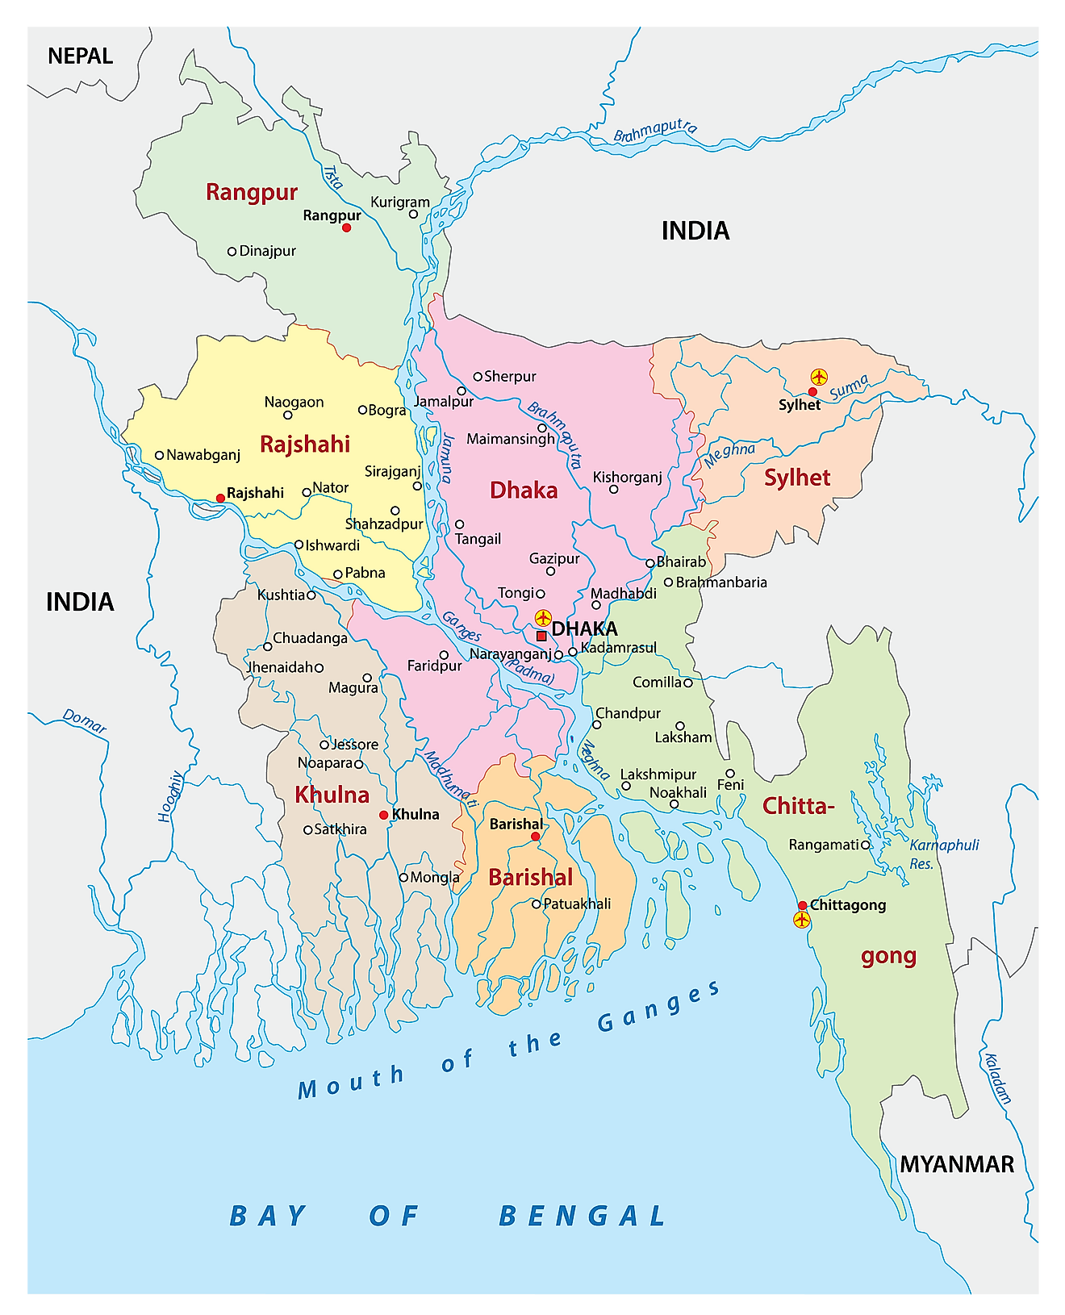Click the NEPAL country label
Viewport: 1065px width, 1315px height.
point(80,56)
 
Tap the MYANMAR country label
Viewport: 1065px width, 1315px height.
point(957,1164)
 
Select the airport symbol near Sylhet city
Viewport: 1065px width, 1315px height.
point(819,377)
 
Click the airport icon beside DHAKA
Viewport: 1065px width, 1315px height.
point(543,618)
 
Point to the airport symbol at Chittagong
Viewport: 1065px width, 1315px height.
point(801,920)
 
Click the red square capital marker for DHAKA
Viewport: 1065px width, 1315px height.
point(541,636)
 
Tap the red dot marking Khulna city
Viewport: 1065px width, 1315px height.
point(383,815)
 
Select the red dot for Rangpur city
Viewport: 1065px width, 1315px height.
point(346,228)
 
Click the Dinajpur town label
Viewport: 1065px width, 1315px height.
point(267,251)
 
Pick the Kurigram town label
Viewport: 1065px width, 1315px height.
point(400,202)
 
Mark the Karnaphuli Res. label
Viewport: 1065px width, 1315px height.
point(943,854)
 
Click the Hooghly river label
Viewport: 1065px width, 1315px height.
point(170,797)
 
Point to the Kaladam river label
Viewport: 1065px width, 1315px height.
point(997,1078)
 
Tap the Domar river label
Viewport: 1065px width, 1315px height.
point(85,721)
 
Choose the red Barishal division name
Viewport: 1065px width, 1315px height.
point(531,878)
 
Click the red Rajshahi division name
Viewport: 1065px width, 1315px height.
point(305,445)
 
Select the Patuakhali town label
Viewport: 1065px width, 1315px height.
point(577,904)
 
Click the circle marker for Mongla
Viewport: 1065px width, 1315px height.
point(403,878)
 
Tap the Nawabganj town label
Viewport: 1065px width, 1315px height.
point(203,455)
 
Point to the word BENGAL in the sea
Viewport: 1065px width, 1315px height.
point(583,1216)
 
